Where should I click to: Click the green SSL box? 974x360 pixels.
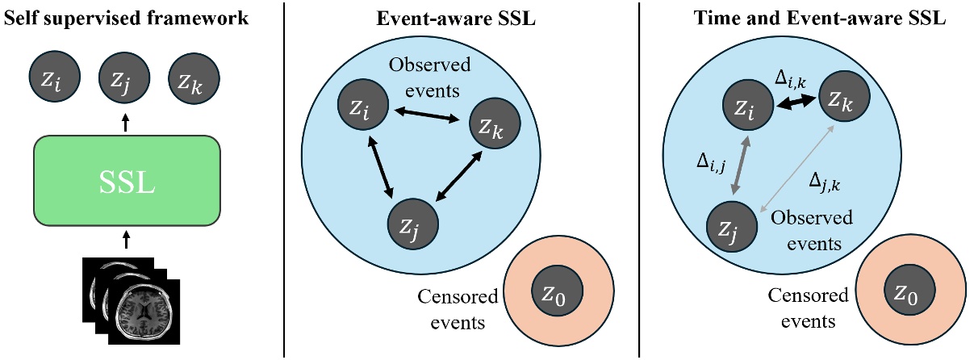[x=127, y=180]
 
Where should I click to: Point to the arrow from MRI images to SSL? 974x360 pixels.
[x=125, y=239]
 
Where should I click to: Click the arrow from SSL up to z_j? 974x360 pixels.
[x=125, y=122]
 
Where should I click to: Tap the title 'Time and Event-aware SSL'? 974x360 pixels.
[x=807, y=18]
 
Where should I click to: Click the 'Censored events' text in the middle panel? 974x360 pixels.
[x=458, y=309]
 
